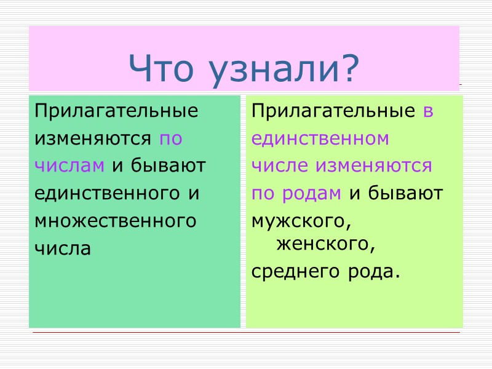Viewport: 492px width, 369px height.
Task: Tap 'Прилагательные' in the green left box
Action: coord(116,112)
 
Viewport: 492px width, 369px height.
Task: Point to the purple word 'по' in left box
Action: coord(170,139)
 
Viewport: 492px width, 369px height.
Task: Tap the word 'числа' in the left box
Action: coord(62,248)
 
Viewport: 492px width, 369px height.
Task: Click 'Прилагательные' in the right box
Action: coord(333,112)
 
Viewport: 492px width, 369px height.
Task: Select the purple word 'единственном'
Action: coord(320,139)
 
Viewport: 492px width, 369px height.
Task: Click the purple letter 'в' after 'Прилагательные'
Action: coord(428,113)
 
